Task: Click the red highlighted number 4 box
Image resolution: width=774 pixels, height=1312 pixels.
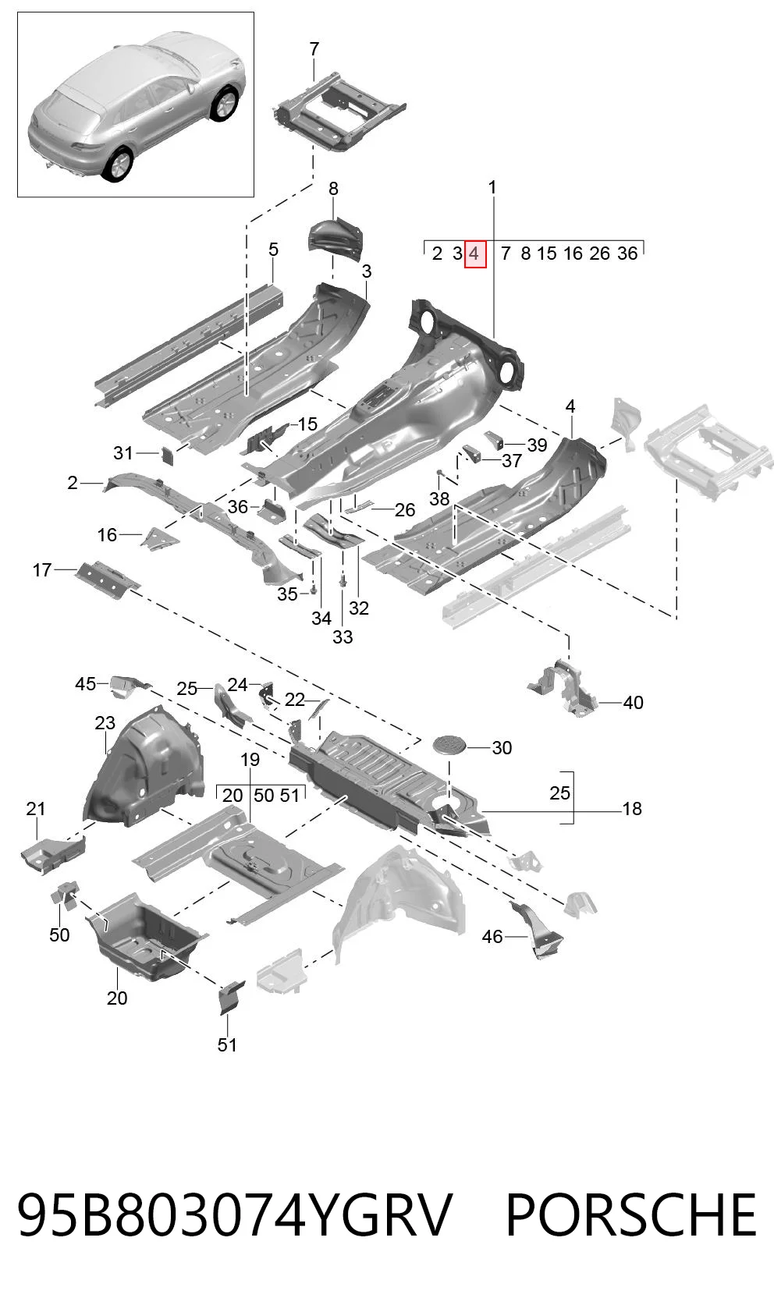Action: coord(475,254)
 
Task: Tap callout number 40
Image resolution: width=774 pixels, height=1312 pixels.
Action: coord(633,702)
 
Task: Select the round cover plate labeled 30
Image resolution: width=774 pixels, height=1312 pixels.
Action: coord(450,745)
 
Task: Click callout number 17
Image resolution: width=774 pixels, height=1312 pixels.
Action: coord(42,570)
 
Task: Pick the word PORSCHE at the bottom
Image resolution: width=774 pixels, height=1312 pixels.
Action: coord(631,1215)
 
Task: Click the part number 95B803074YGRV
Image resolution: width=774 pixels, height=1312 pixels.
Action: coord(235,1215)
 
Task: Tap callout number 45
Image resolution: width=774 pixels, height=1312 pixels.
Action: coord(86,683)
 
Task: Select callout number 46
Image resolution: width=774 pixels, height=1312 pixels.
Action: coord(492,937)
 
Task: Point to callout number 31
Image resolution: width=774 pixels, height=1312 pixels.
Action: coord(123,452)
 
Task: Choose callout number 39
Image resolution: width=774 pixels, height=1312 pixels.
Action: coord(537,445)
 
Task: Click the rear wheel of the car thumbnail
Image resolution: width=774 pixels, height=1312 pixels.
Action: coord(119,165)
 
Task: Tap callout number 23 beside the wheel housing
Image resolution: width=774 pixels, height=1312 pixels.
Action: coord(105,723)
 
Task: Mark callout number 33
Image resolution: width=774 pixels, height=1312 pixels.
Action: coord(343,636)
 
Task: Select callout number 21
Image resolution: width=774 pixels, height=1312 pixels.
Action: coord(36,809)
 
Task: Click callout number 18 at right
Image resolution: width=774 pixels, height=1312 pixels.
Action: coord(632,809)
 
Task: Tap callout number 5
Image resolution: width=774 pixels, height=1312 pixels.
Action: coord(274,250)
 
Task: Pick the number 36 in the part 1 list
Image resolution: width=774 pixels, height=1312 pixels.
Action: coord(627,254)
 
